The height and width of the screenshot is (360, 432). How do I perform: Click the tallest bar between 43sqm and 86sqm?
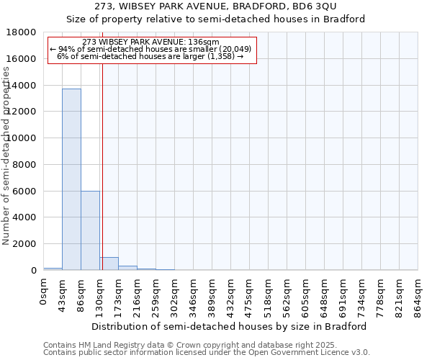[x=71, y=179]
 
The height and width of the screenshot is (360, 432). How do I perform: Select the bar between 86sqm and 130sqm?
[x=90, y=230]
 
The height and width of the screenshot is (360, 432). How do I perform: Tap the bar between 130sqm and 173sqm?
[x=109, y=264]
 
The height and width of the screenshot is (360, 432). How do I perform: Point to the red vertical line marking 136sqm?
[x=102, y=166]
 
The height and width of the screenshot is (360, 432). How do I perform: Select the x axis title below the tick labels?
[x=230, y=326]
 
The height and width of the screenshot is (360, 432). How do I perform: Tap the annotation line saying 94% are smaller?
[x=151, y=49]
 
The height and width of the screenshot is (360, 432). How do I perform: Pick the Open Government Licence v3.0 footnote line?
[x=207, y=353]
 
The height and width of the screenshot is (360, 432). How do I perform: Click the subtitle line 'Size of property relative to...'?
[x=215, y=19]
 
